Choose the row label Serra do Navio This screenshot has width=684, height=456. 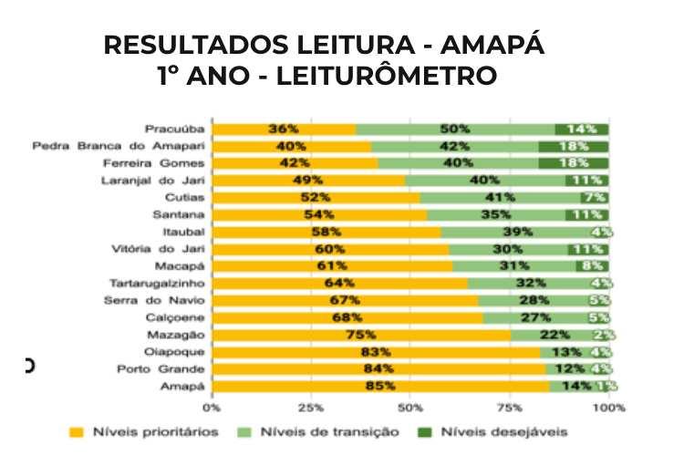pos(164,301)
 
